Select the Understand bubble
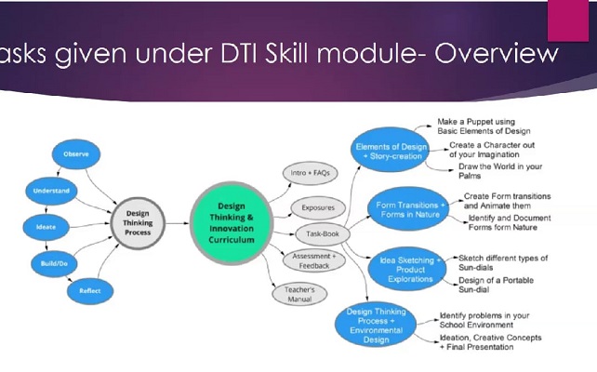(x=50, y=191)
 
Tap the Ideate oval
(x=44, y=226)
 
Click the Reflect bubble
(x=89, y=291)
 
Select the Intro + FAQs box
(x=311, y=174)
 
